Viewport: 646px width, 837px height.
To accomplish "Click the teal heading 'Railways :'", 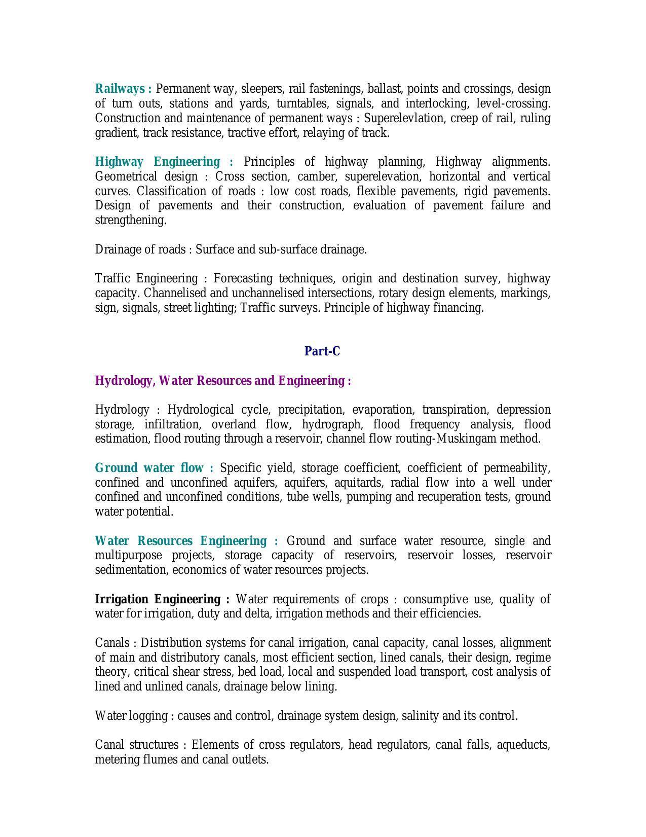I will [x=123, y=89].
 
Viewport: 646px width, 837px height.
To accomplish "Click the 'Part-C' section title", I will [x=322, y=351].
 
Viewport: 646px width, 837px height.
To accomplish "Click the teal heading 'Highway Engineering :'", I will [x=164, y=162].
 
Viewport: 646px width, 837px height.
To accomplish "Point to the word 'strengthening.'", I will [x=131, y=220].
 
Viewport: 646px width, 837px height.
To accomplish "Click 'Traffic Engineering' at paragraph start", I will [x=146, y=278].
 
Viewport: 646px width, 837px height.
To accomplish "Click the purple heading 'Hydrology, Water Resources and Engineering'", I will [x=222, y=380].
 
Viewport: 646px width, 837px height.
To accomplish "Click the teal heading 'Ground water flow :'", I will [x=154, y=467].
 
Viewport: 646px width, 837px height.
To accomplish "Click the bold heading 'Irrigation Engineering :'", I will [x=162, y=599].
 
